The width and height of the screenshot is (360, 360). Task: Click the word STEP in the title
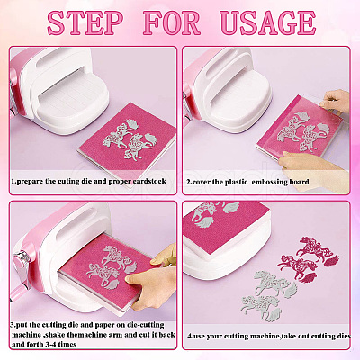(85, 22)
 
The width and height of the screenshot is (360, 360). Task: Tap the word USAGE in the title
(267, 22)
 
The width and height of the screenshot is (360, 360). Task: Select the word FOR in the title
(172, 22)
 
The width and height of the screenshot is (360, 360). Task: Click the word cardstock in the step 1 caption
(149, 182)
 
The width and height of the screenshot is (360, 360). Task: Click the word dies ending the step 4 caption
(343, 336)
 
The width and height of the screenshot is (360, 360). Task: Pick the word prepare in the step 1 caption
(30, 182)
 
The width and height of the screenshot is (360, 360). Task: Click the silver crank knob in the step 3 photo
(22, 258)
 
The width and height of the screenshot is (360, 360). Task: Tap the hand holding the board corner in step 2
(335, 101)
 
